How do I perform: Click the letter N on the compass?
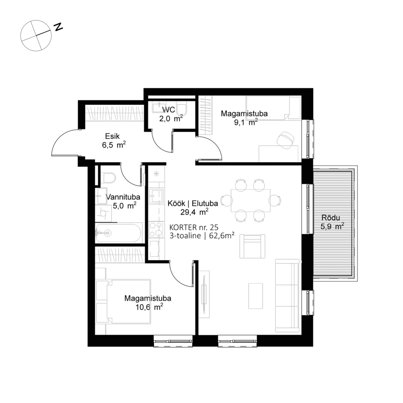click(59, 27)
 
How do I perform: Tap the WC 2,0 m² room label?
click(169, 114)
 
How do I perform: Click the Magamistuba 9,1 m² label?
click(244, 118)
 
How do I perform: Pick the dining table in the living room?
click(250, 200)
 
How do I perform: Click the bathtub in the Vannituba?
click(118, 233)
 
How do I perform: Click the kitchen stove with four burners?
click(156, 230)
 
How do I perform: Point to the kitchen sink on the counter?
click(156, 196)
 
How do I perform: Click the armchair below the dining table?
click(252, 246)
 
